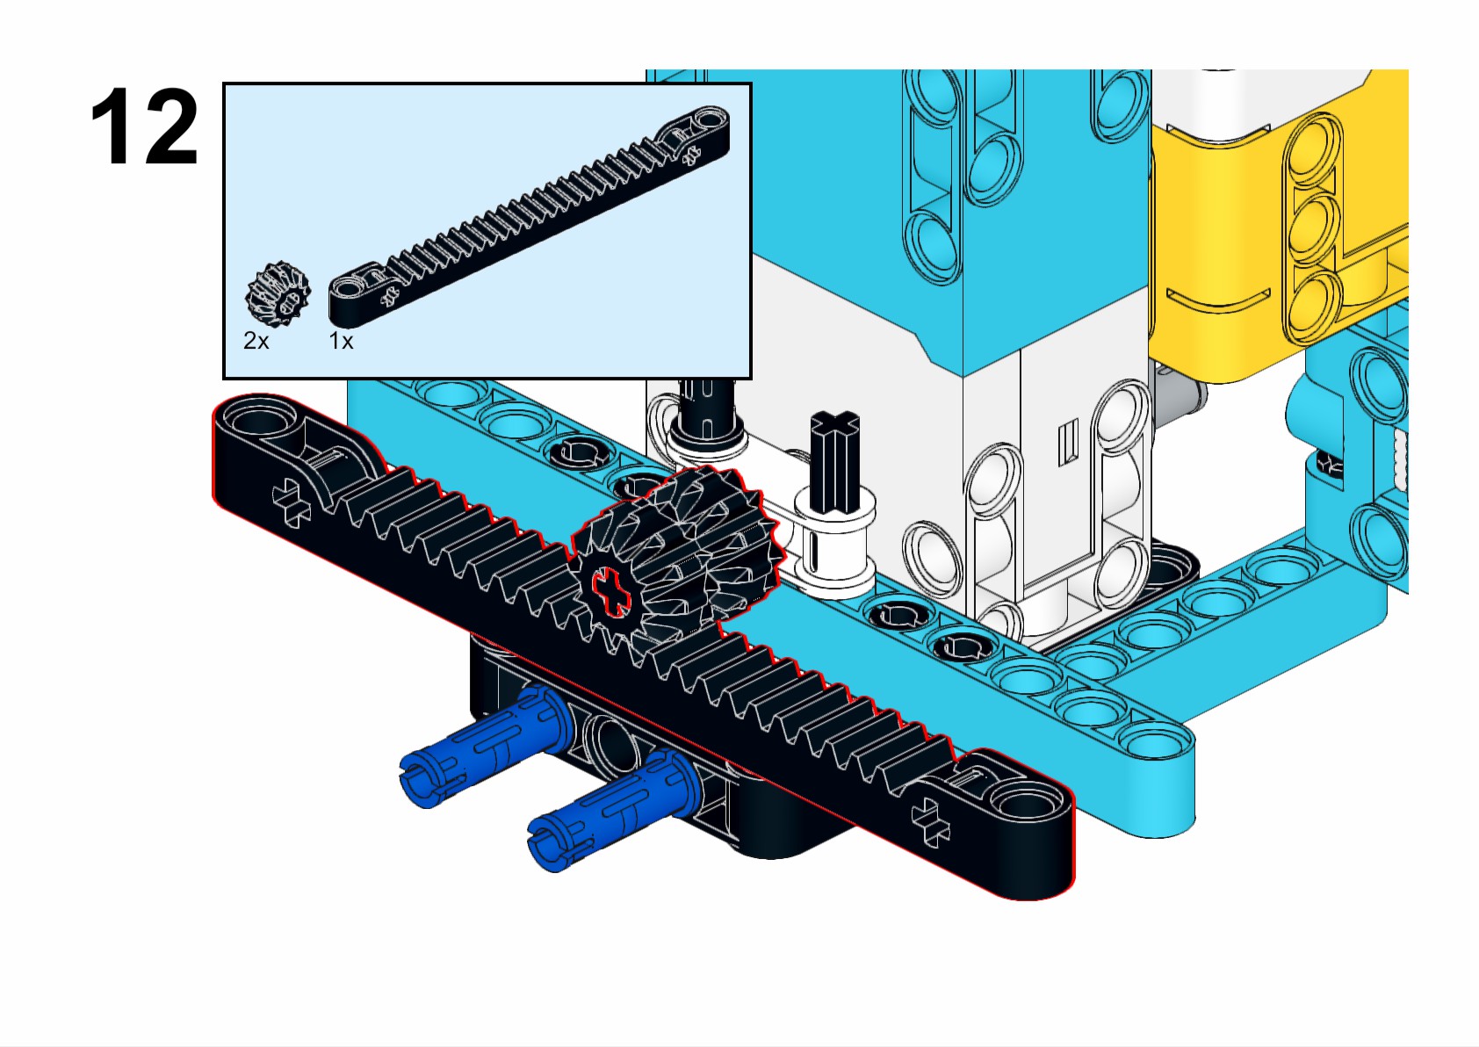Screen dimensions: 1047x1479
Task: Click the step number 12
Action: pos(145,127)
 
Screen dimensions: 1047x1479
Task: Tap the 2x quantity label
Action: pos(256,341)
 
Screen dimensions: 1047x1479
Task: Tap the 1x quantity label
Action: pos(341,341)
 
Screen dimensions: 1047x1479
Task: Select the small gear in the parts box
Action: pos(278,292)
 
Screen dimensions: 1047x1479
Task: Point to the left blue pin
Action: pos(483,747)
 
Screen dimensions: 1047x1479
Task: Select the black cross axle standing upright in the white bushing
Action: pos(834,461)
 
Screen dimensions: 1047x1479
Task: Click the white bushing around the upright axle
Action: pos(834,540)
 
